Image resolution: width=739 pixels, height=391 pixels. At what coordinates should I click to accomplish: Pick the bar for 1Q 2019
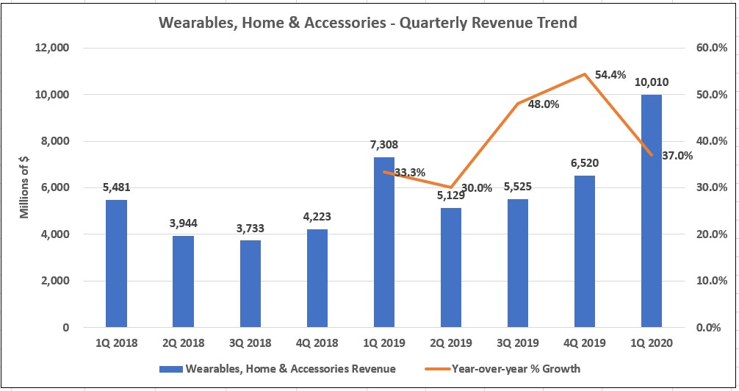pos(383,242)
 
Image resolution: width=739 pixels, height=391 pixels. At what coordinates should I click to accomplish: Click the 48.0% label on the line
pos(544,104)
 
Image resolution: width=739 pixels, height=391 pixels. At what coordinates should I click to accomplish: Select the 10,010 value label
pos(651,82)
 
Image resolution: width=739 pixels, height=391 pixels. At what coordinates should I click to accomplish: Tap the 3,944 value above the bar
pos(183,223)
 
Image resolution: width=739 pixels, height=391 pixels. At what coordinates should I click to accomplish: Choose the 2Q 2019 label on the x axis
pos(450,343)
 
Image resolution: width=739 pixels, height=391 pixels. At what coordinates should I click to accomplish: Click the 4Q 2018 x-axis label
pos(317,343)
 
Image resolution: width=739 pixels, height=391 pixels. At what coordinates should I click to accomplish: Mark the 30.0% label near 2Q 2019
pos(477,188)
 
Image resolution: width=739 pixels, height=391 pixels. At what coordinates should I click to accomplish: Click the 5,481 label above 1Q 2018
pos(116,187)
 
